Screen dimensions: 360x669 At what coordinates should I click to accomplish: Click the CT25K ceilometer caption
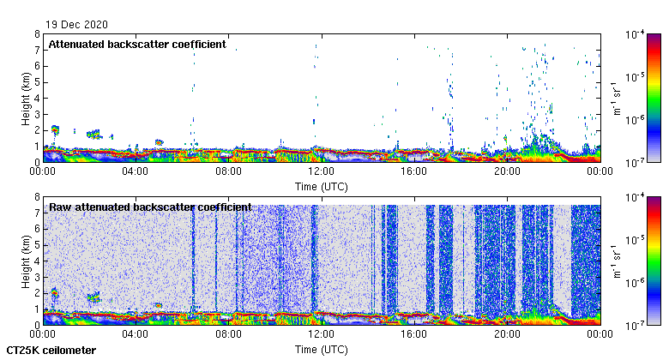51,351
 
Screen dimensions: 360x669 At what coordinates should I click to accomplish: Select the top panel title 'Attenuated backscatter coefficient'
137,44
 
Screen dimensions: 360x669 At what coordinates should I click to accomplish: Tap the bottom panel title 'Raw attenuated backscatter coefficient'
150,207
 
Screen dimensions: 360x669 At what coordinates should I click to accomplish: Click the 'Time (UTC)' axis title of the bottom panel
322,350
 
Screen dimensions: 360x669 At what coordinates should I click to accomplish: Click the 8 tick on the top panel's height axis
37,34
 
